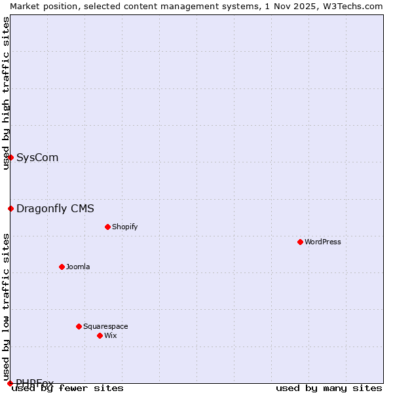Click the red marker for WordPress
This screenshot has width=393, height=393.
point(300,242)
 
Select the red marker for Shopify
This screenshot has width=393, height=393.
point(107,227)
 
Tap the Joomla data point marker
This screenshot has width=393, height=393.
point(62,267)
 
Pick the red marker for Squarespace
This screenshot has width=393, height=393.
point(79,326)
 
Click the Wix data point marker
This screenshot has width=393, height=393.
point(100,335)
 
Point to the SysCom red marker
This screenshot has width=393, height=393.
point(10,157)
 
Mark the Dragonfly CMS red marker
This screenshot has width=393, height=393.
point(10,208)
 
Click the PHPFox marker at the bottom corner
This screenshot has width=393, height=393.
point(10,383)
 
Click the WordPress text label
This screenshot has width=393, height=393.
point(323,242)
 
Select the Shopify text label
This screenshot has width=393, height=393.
point(124,227)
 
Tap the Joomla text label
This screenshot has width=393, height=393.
point(78,267)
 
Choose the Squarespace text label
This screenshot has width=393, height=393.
point(105,326)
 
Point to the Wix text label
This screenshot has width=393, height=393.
point(110,335)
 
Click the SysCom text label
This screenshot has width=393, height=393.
point(37,157)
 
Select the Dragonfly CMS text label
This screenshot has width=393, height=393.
point(55,208)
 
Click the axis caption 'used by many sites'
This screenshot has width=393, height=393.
point(329,388)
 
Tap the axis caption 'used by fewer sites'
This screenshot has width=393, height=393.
point(68,388)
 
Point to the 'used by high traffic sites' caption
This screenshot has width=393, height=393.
point(6,93)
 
